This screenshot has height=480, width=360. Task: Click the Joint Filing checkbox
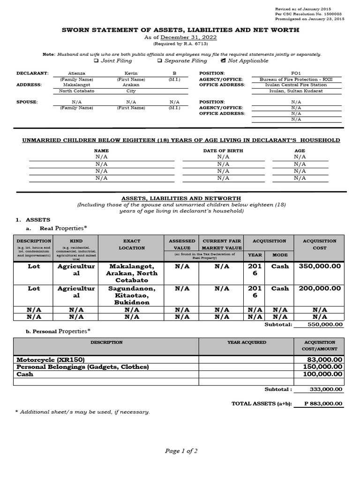pyautogui.click(x=96, y=60)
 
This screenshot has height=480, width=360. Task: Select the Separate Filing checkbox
pyautogui.click(x=160, y=60)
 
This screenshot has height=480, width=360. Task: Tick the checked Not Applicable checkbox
pyautogui.click(x=223, y=60)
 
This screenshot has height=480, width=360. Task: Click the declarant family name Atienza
pyautogui.click(x=77, y=74)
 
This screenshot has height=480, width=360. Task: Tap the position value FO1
pyautogui.click(x=296, y=74)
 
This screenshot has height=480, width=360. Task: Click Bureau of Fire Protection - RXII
pyautogui.click(x=296, y=80)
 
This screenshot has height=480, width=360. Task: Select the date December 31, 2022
pyautogui.click(x=189, y=37)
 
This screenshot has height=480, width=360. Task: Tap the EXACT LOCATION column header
pyautogui.click(x=131, y=244)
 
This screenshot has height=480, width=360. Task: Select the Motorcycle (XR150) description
pyautogui.click(x=51, y=360)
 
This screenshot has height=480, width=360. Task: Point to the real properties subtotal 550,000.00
pyautogui.click(x=325, y=324)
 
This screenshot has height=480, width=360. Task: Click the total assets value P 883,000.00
pyautogui.click(x=323, y=404)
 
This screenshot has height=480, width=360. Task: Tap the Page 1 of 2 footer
pyautogui.click(x=181, y=451)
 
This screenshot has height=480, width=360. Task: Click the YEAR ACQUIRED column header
pyautogui.click(x=247, y=342)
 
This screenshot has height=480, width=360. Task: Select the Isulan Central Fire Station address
pyautogui.click(x=296, y=85)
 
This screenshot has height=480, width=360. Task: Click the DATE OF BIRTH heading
pyautogui.click(x=223, y=150)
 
